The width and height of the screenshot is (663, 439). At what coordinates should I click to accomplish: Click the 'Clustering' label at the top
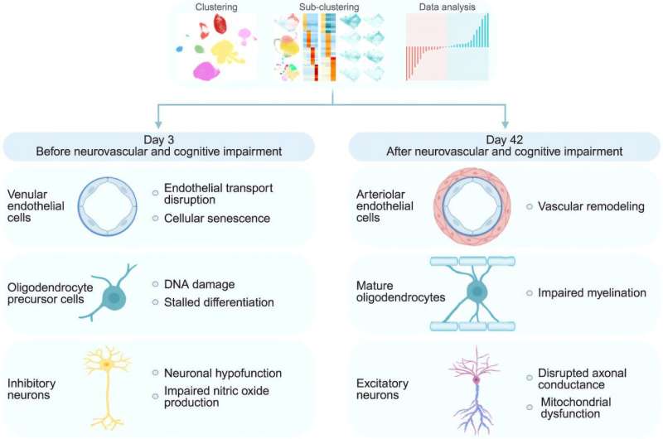point(216,7)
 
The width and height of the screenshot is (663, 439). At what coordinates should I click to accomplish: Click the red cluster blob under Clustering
point(220,25)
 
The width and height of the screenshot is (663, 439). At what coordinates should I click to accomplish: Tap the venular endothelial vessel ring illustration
point(112,205)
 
